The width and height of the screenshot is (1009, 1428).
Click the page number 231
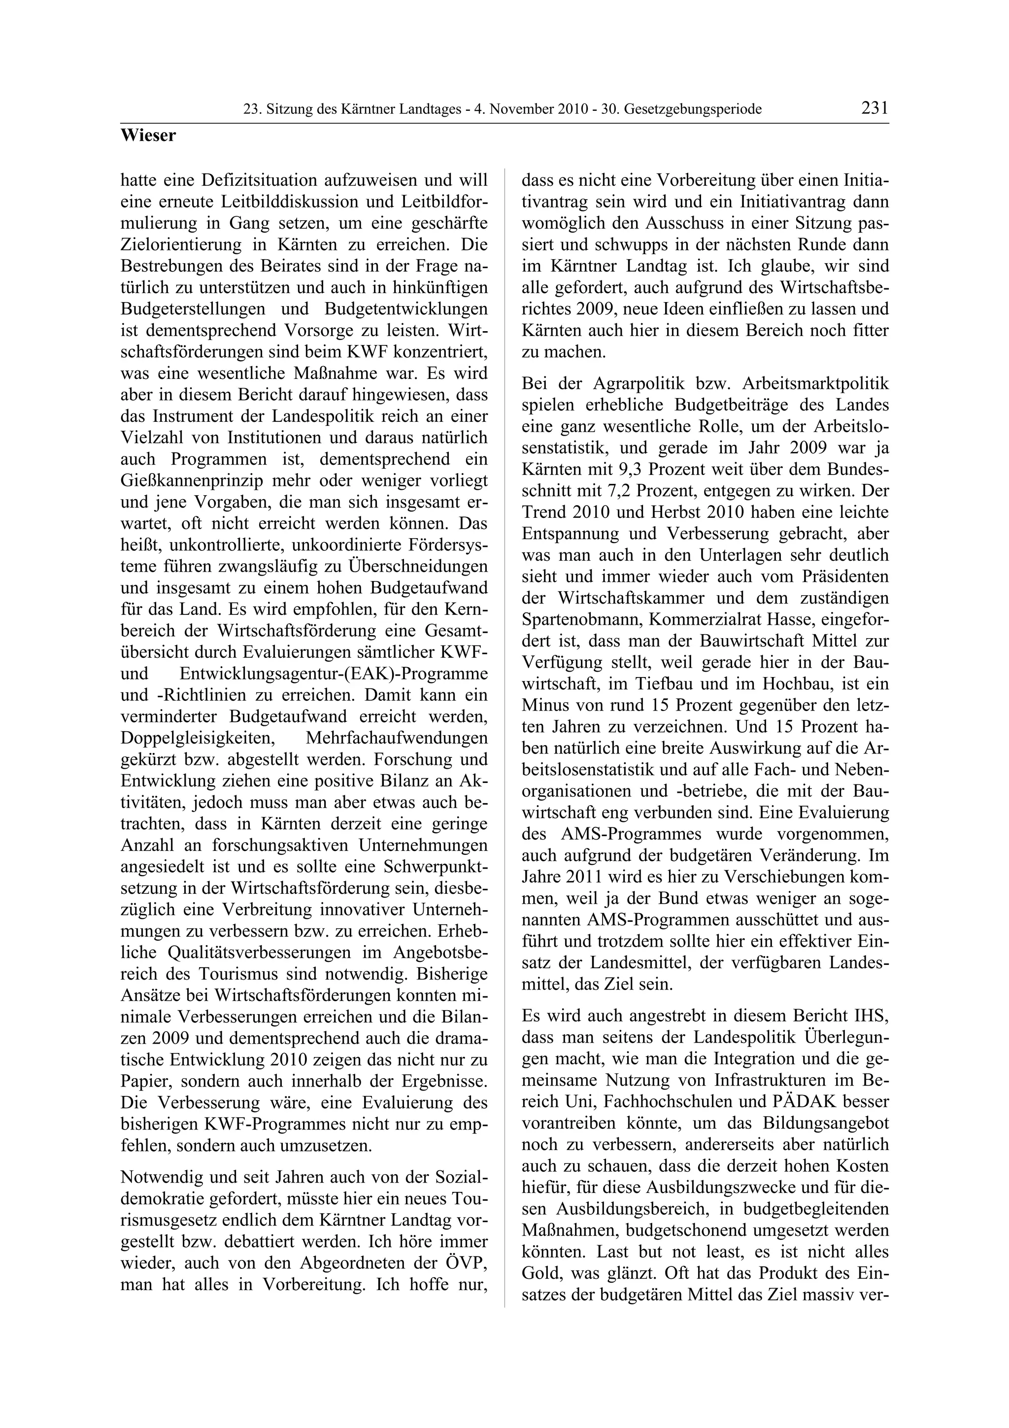(874, 108)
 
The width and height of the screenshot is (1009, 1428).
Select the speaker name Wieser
(148, 136)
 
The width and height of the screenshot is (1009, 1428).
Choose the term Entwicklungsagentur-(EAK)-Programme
(333, 674)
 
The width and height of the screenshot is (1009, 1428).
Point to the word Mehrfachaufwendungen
(397, 738)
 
